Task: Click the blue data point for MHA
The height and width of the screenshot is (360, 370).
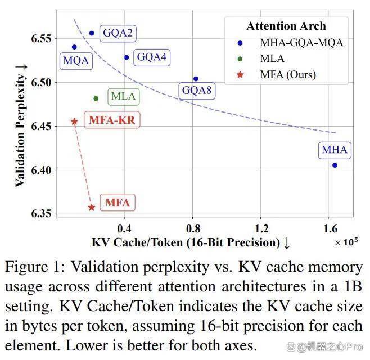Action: coord(335,165)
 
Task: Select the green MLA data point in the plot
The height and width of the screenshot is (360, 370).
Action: coord(96,98)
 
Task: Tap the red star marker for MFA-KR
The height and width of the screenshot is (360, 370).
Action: coord(74,121)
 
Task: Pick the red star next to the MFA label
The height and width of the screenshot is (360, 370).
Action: coord(92,208)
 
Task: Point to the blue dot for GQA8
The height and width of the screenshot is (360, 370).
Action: coord(196,79)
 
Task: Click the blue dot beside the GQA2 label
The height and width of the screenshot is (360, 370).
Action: coord(92,33)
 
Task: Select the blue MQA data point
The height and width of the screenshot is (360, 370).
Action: coord(74,47)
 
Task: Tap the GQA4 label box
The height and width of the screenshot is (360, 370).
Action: coord(152,57)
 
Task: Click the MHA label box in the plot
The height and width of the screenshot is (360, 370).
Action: coord(335,150)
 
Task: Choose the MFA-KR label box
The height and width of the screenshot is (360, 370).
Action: coord(112,120)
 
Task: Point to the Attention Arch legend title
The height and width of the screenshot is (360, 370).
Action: coord(286,26)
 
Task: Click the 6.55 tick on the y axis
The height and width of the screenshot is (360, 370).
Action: coord(41,39)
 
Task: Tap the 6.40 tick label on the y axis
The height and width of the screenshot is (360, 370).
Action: coord(41,170)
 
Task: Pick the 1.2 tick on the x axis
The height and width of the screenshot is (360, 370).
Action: coord(261,228)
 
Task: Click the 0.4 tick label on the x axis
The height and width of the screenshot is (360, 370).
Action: coord(124,228)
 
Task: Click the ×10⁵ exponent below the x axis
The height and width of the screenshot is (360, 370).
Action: coord(346,242)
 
